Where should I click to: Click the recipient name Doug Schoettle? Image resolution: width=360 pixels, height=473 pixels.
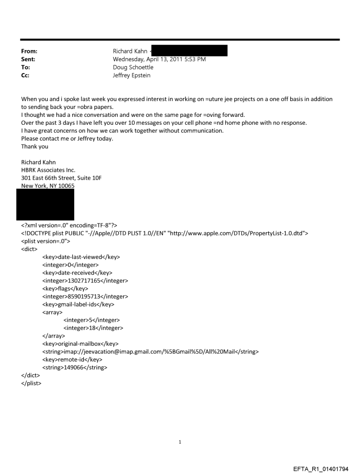pos(135,67)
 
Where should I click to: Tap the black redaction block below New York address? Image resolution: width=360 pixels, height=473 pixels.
pos(45,205)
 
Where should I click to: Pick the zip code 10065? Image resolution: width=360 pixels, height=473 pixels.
pos(65,186)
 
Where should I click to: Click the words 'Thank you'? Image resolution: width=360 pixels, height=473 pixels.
pos(34,147)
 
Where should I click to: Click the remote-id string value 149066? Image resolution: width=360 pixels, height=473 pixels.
pos(75,368)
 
